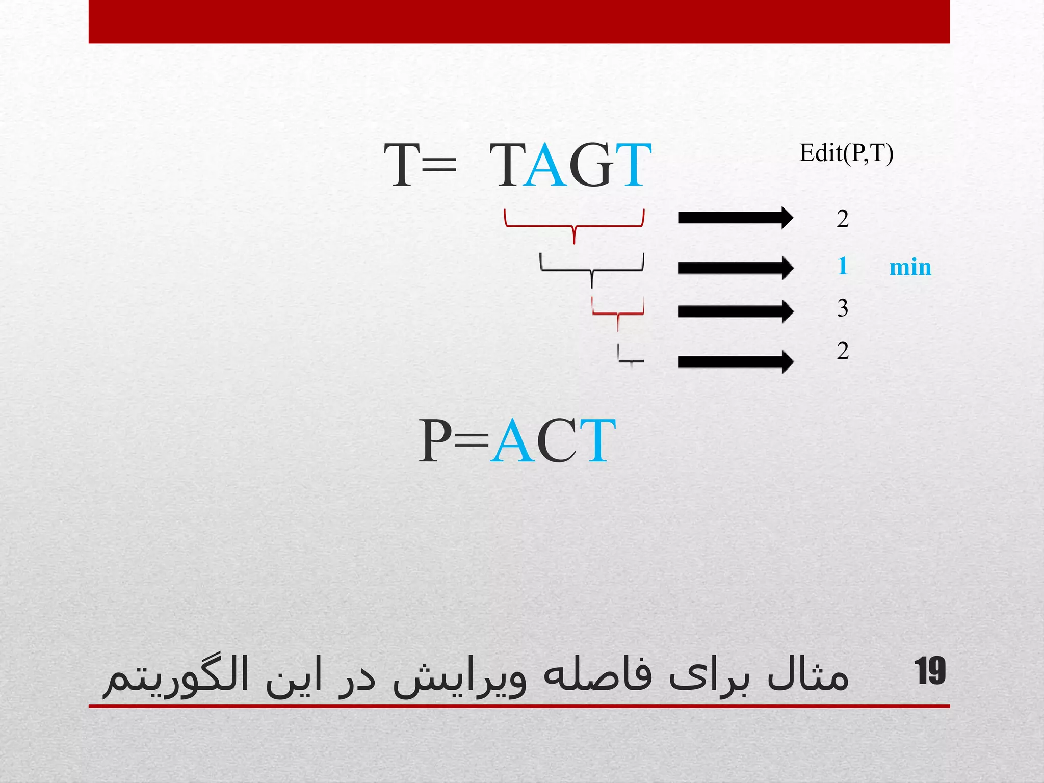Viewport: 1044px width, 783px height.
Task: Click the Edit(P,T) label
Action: [x=846, y=153]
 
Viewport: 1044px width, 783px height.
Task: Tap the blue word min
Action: [x=910, y=267]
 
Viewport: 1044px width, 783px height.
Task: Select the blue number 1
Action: [x=843, y=266]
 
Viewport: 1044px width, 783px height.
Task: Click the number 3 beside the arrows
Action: [x=843, y=308]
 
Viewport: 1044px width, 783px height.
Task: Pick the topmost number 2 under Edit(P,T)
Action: [x=843, y=219]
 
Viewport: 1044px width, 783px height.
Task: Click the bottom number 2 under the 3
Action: [x=843, y=351]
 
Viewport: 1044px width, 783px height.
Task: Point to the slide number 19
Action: [x=930, y=671]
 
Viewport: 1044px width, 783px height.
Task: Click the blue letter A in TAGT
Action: [x=545, y=165]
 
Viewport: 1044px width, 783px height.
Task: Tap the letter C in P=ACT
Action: [x=557, y=440]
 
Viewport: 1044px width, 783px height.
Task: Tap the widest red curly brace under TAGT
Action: [x=574, y=225]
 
